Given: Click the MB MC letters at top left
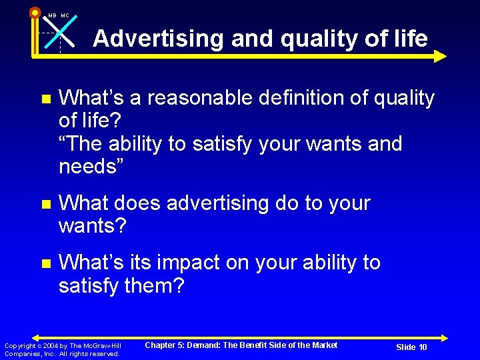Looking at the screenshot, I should [58, 15].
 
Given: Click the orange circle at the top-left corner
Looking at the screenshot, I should [35, 12].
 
